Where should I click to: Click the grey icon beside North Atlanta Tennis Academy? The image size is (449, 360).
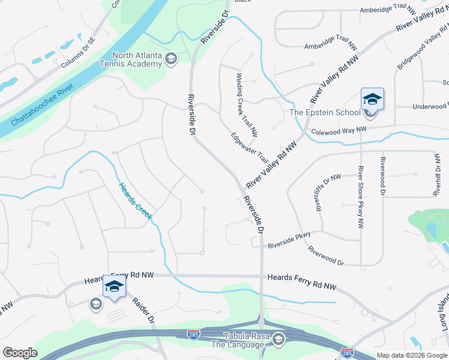(171, 58)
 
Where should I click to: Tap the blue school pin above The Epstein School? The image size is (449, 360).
(372, 98)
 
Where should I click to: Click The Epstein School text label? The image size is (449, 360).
(325, 112)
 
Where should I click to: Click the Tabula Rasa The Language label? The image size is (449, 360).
(235, 340)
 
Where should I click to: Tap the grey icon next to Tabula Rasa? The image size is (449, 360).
(278, 340)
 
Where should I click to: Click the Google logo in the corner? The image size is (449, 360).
(20, 353)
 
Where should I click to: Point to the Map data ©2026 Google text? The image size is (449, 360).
(411, 355)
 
